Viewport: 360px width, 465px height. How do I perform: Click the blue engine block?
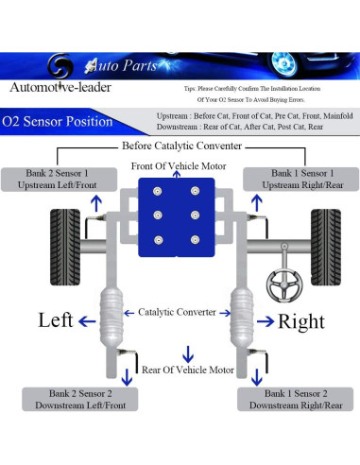(180, 220)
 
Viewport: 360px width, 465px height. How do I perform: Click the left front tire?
(64, 240)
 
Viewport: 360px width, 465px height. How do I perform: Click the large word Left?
(56, 319)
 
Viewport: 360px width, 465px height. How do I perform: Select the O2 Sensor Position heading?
(58, 122)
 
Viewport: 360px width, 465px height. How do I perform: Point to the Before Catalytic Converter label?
(181, 146)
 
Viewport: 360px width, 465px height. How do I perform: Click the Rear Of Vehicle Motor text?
(187, 370)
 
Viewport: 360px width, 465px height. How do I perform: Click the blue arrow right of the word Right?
(343, 320)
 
